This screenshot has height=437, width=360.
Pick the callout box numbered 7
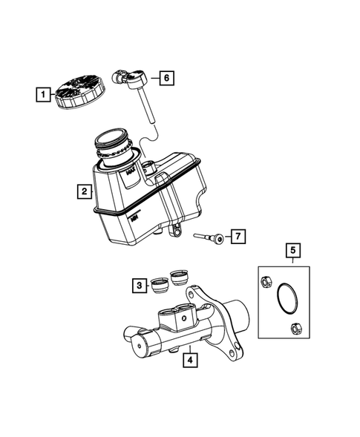click(237, 237)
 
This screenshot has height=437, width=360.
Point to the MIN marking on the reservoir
click(134, 218)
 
